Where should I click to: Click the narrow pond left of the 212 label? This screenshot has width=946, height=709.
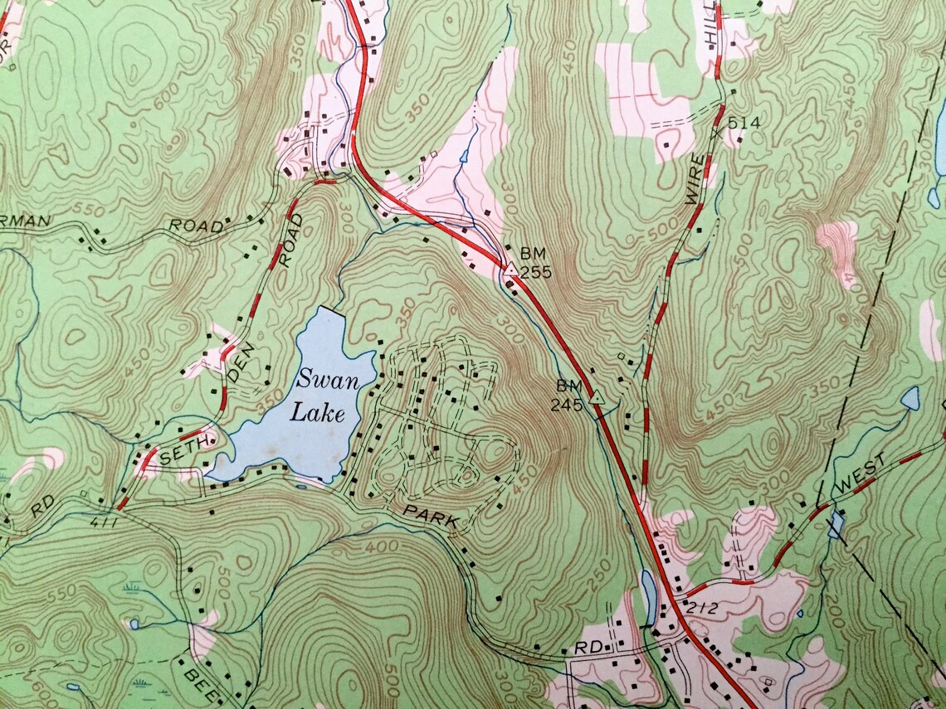pos(647,587)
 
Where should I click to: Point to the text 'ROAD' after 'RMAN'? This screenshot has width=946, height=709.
pos(196,226)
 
